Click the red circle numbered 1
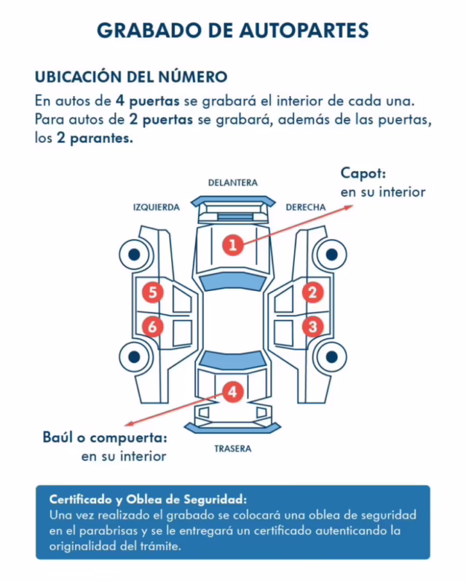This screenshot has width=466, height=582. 232,244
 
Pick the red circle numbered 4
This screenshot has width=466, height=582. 232,392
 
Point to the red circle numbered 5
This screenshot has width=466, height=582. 152,292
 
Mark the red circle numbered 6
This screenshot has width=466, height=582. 152,327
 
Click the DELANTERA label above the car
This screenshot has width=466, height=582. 232,183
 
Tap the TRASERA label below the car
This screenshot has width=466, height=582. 232,449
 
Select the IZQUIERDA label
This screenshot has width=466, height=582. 156,207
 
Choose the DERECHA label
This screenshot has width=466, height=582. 305,207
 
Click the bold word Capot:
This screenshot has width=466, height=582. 363,174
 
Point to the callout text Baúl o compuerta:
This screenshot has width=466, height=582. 105,438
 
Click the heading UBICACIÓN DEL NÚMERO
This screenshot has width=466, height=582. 131,76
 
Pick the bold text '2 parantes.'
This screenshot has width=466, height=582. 95,138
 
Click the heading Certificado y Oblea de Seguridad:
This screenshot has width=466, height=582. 148,500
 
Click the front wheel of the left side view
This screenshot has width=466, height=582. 134,254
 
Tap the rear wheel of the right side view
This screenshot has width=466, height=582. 331,357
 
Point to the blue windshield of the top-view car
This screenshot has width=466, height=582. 232,283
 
